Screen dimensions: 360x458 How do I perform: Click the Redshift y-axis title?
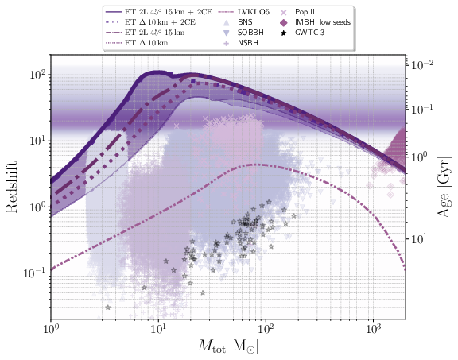point(14,188)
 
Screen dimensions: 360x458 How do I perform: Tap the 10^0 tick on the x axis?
point(51,327)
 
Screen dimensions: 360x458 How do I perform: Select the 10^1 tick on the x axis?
point(158,327)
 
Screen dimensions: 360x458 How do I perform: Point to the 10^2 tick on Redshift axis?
point(36,75)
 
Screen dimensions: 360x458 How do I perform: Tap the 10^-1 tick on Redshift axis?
point(34,273)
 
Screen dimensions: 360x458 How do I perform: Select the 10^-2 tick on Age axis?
point(421,64)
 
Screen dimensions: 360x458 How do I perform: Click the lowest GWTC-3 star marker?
point(107,308)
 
